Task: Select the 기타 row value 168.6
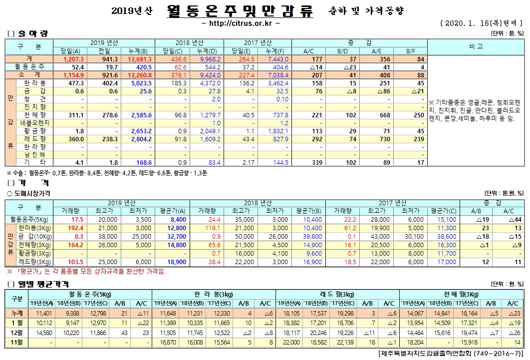[x=142, y=162]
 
